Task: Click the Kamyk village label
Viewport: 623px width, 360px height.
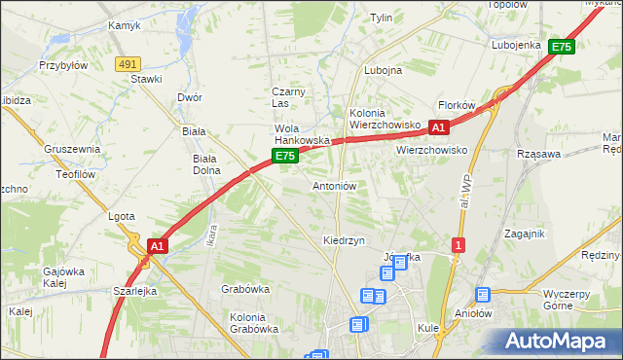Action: (126, 25)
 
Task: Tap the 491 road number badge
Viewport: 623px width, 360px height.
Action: (127, 63)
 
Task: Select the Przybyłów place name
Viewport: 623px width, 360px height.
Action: (63, 66)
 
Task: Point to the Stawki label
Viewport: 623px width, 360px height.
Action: (146, 79)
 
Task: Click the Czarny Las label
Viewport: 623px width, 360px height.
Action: (288, 97)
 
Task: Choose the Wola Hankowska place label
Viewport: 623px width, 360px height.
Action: (303, 134)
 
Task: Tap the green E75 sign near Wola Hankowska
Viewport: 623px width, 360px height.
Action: (284, 156)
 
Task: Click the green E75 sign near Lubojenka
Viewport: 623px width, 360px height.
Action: (561, 46)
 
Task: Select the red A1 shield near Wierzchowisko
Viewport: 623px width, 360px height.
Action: (438, 126)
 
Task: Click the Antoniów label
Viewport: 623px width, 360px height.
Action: (335, 185)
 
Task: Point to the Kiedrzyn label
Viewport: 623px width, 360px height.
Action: (344, 239)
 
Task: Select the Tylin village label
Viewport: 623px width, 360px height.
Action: (381, 18)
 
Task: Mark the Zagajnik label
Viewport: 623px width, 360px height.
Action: (525, 234)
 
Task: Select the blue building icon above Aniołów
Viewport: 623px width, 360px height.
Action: (482, 295)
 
